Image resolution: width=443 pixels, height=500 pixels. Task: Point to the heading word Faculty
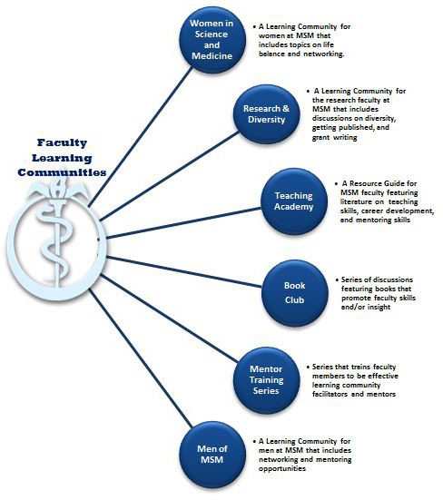(x=61, y=142)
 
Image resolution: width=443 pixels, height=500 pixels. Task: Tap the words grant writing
(x=337, y=138)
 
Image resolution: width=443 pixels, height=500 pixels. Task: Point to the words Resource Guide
(x=371, y=183)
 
